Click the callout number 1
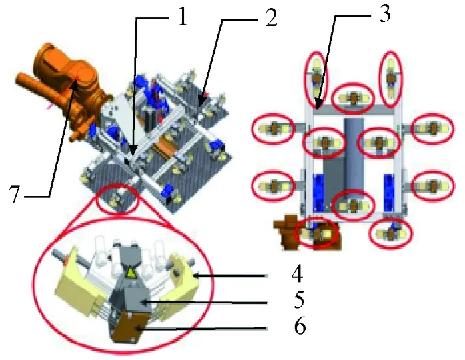point(181,17)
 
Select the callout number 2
point(271,18)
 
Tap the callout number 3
point(384,14)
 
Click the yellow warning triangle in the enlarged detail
point(131,273)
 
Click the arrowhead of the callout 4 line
point(197,276)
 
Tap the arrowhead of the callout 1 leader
point(133,151)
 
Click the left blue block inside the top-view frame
point(319,193)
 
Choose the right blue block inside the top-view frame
point(389,193)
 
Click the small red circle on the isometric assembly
point(118,198)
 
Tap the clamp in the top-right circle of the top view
point(391,79)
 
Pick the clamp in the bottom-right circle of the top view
point(391,233)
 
